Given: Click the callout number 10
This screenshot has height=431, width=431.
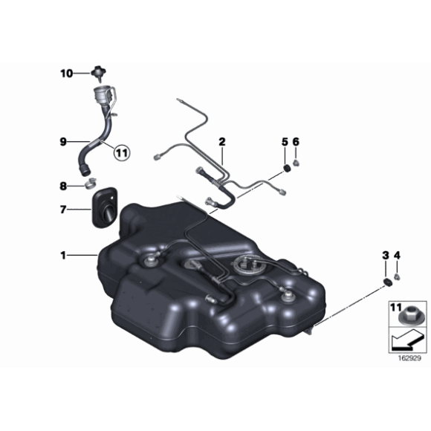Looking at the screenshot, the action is [67, 74].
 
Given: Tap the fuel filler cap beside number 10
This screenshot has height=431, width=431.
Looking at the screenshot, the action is [99, 74].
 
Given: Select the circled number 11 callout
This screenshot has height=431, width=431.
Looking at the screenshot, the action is [122, 152].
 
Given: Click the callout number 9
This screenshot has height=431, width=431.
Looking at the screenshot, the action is [63, 142].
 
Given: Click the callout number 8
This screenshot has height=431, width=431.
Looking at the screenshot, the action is [63, 187].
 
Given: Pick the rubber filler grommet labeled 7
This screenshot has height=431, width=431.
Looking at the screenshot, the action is [105, 208].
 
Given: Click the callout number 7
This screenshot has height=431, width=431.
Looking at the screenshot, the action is [63, 210].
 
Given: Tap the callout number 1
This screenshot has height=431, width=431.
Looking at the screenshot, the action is [63, 256].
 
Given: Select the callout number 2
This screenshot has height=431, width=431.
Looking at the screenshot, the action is [222, 142].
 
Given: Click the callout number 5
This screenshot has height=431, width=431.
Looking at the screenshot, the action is [285, 142].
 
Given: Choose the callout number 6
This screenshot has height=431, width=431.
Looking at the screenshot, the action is [296, 142].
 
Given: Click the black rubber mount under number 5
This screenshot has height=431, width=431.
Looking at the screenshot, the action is [287, 169].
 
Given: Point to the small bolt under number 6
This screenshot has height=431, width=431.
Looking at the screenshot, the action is [296, 163].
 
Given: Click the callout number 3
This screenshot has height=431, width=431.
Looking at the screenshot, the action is [386, 256].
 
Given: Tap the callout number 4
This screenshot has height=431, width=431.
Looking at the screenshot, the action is [398, 256].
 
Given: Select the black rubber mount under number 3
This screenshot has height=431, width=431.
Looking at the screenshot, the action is [387, 282].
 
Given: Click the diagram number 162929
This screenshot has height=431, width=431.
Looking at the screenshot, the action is [410, 358].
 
